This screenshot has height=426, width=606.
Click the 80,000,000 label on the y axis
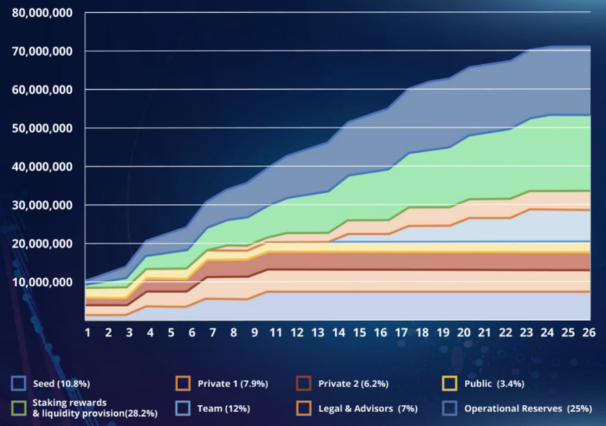(x=42, y=12)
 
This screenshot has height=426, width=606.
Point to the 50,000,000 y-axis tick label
(x=42, y=128)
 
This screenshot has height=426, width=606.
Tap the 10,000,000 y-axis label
(x=42, y=282)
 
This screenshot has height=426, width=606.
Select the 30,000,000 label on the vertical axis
(x=42, y=205)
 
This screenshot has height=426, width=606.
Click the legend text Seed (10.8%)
(x=61, y=384)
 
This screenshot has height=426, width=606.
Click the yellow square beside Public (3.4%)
(x=449, y=384)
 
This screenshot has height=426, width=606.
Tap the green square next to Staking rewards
(x=18, y=408)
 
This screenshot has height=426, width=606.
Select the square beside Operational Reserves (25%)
(x=449, y=408)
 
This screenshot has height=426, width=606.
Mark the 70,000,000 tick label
(x=42, y=51)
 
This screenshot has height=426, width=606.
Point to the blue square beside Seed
(x=18, y=384)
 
